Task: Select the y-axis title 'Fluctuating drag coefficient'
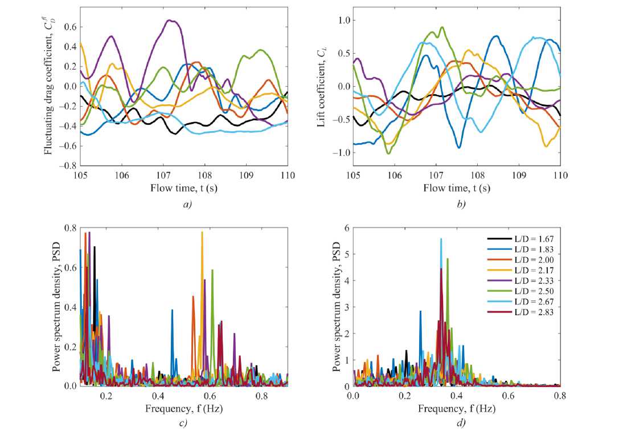coord(50,87)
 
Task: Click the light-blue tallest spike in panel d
coord(441,239)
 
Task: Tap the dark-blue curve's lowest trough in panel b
coord(459,148)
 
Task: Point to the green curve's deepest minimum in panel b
coord(388,153)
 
